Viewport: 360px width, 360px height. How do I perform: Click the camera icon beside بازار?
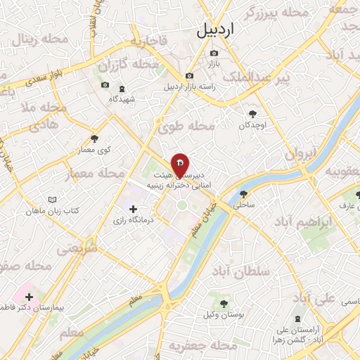[214, 53]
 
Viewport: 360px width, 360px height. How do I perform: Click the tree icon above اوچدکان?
[252, 112]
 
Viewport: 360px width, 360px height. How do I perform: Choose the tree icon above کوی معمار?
[96, 139]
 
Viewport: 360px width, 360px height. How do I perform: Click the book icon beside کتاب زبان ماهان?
[51, 200]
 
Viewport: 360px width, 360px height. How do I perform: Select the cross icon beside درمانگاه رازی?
[133, 209]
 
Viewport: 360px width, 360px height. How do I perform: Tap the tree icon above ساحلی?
[243, 195]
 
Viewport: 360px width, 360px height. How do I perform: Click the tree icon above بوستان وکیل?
[224, 304]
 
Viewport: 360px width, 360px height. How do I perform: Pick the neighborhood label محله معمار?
[91, 173]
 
